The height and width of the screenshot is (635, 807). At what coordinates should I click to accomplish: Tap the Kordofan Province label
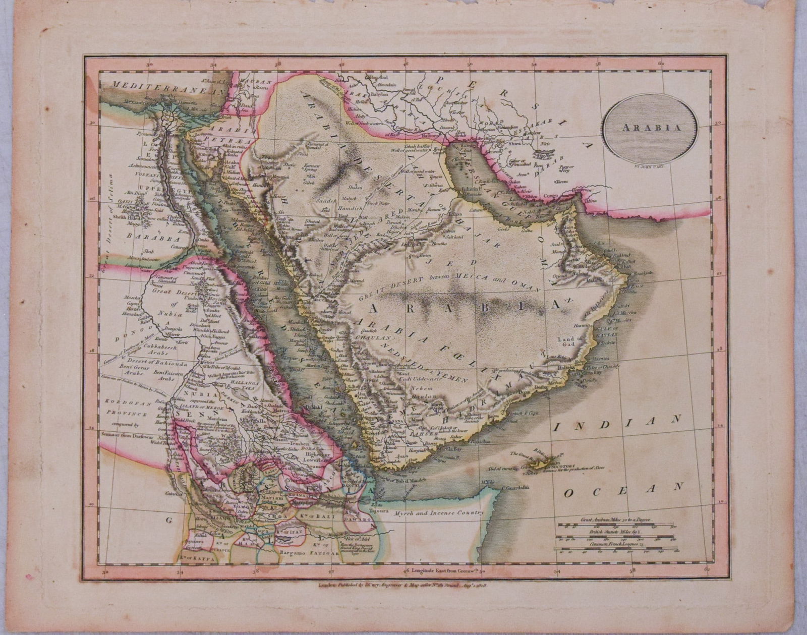(x=127, y=409)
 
